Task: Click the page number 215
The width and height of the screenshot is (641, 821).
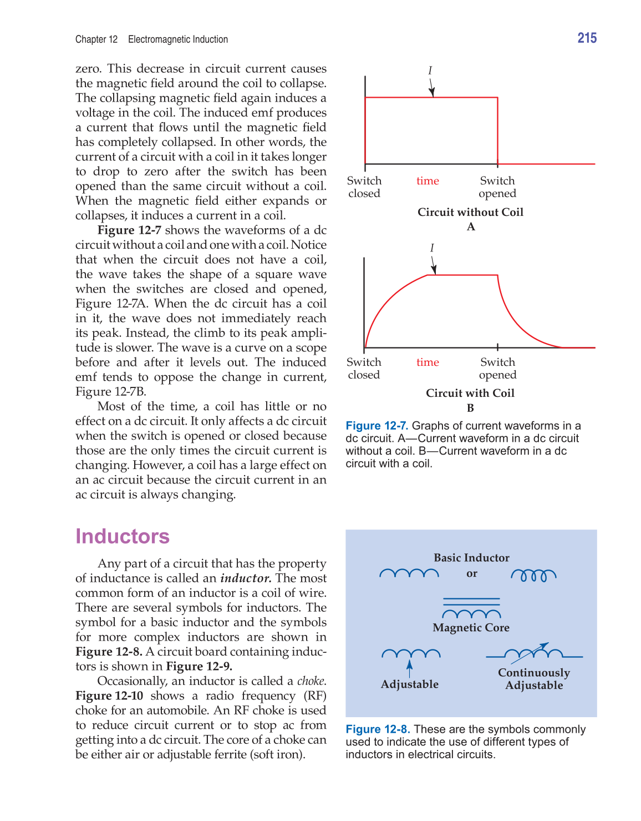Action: click(587, 38)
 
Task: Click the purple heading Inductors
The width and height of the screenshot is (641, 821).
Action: click(123, 536)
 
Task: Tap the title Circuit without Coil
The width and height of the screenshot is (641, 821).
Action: click(470, 212)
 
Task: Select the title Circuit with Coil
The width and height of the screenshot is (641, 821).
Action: click(470, 393)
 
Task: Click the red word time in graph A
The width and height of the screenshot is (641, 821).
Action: click(428, 181)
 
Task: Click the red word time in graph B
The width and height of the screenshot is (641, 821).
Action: click(428, 362)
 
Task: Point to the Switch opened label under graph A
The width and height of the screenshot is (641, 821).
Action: click(497, 187)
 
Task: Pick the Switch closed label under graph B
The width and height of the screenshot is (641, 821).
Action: click(364, 368)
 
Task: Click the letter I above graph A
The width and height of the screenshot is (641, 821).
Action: click(430, 70)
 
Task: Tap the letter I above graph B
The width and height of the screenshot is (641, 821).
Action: click(432, 248)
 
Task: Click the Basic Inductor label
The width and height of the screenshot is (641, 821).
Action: click(471, 558)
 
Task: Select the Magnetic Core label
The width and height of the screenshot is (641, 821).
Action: click(471, 628)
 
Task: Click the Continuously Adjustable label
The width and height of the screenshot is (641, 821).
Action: click(534, 679)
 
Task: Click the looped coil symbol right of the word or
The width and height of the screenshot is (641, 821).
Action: click(533, 575)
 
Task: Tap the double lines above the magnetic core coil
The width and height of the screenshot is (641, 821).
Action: click(471, 602)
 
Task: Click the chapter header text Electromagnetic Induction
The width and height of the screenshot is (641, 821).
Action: click(178, 39)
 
